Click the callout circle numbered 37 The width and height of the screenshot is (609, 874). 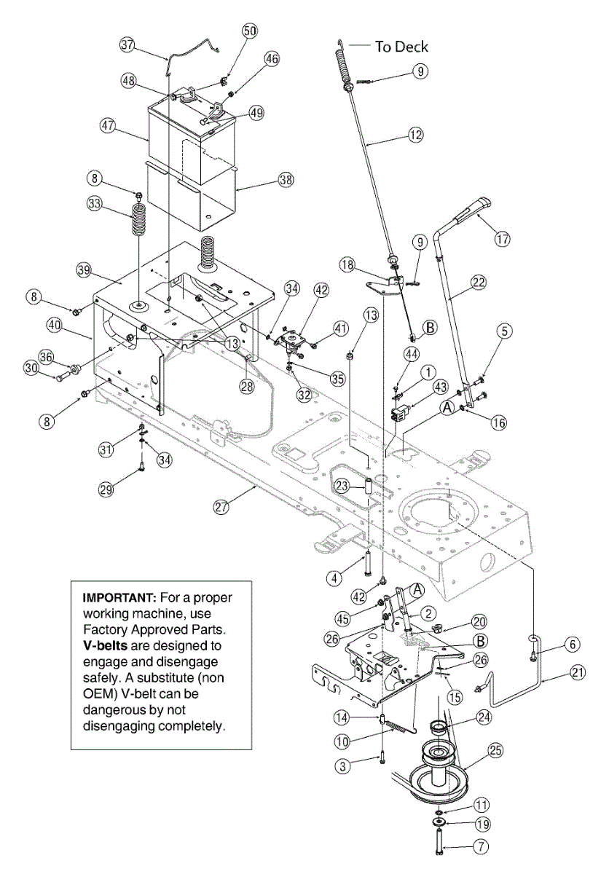click(x=128, y=44)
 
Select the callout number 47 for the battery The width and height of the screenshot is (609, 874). click(x=109, y=126)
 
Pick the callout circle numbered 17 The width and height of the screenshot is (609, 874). click(x=503, y=238)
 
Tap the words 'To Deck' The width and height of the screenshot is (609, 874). click(x=401, y=47)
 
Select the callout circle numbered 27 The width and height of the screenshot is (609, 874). click(x=221, y=507)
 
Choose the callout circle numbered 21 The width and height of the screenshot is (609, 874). click(x=578, y=673)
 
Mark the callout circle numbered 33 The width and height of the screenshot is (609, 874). click(x=95, y=205)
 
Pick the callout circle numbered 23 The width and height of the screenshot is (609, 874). click(x=342, y=485)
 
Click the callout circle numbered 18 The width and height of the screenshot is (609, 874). click(x=347, y=263)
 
